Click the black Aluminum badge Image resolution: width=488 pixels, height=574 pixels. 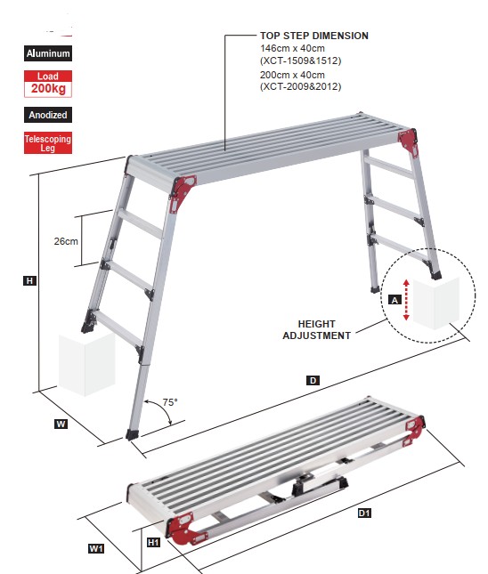48,53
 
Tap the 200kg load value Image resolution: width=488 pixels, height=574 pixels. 48,89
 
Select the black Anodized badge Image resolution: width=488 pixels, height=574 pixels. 48,115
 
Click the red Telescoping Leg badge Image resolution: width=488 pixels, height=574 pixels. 48,142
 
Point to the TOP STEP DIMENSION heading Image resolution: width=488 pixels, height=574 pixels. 314,36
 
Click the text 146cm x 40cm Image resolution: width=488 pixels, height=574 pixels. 292,48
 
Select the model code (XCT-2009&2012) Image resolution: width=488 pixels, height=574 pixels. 300,86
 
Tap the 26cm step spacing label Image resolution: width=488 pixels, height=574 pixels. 66,241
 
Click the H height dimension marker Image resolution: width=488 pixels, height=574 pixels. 29,281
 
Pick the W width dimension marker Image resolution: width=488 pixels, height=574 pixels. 61,424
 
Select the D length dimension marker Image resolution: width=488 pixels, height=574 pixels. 313,381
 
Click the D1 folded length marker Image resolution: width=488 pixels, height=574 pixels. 364,513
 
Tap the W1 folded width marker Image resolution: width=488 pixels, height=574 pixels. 96,548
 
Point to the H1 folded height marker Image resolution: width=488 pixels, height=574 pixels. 153,542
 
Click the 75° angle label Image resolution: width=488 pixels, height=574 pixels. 170,402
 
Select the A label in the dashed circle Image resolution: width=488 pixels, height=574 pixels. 394,300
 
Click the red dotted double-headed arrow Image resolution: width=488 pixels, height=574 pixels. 406,300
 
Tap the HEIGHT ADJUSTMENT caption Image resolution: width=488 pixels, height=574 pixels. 316,330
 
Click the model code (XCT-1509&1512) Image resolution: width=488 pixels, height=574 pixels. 300,61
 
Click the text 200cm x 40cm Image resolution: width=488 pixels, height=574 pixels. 292,75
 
